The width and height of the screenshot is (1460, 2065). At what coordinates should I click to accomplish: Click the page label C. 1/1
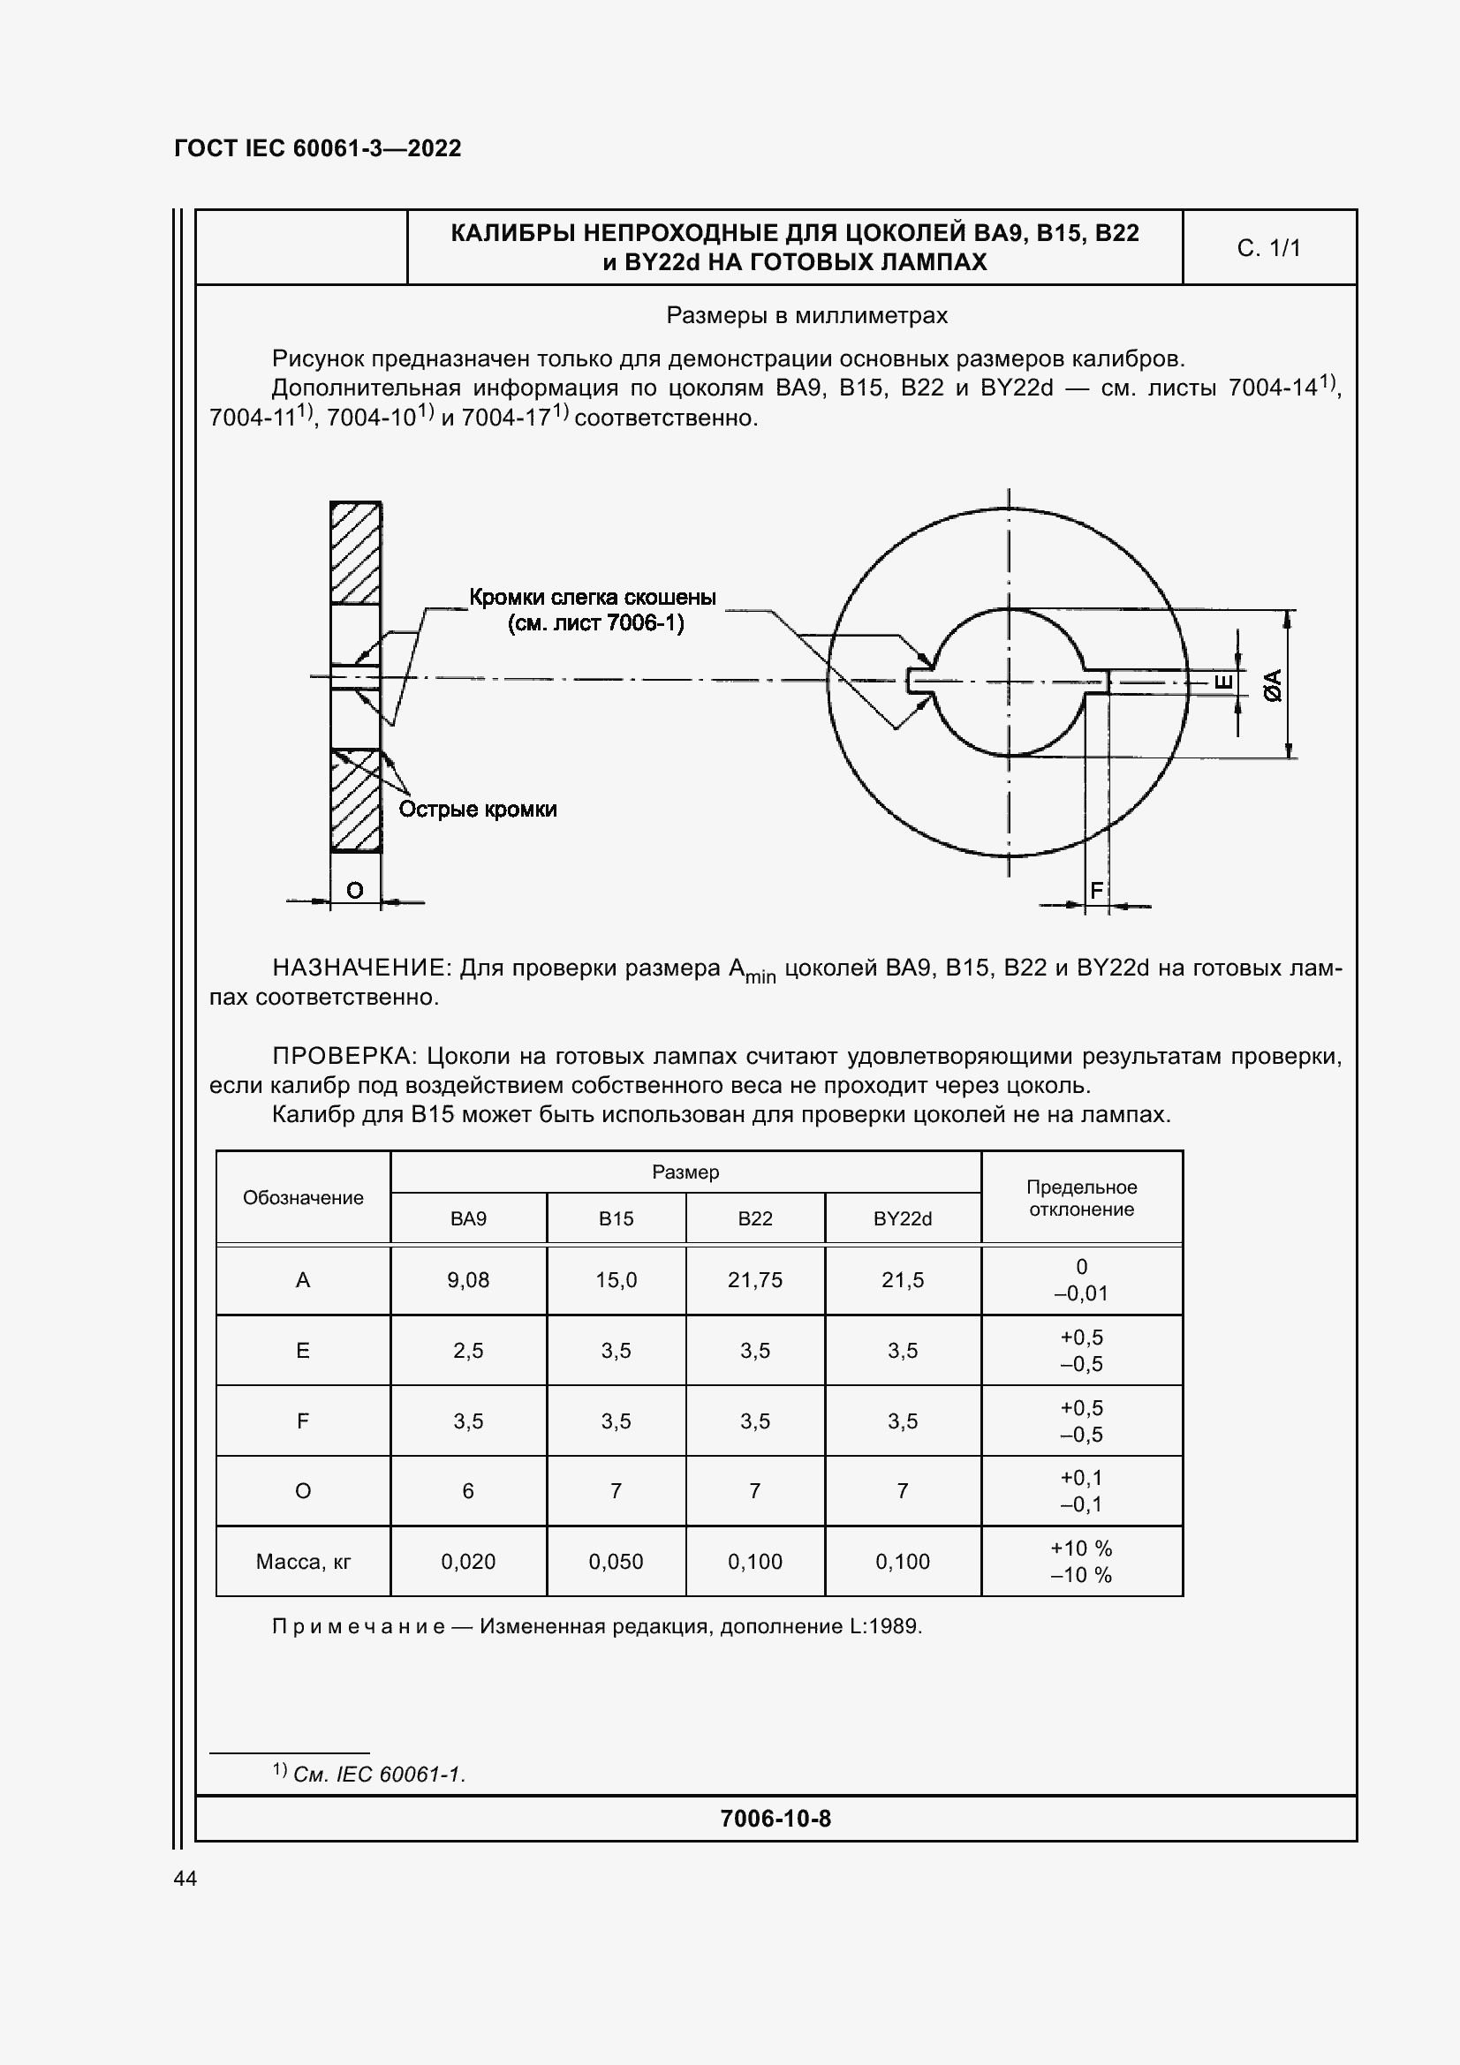[1267, 248]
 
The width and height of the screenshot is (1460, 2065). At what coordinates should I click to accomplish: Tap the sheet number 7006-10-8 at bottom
[775, 1819]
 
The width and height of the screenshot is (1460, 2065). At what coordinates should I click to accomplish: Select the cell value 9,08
[468, 1280]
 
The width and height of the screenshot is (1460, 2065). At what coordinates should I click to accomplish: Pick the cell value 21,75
[755, 1280]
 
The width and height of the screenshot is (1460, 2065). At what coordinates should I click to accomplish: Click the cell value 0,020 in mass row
[468, 1563]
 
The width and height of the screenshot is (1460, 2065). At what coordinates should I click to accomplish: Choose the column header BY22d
[903, 1218]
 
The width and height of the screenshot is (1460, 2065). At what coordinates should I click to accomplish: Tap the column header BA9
[468, 1218]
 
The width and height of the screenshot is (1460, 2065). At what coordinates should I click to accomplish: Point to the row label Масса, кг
[303, 1563]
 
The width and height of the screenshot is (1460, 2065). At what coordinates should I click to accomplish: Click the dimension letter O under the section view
[354, 891]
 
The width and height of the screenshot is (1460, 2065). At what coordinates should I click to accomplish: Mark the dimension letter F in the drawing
[1096, 891]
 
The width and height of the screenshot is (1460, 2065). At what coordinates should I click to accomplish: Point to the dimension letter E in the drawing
[1223, 682]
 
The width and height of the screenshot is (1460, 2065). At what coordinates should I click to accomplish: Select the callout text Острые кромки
[478, 810]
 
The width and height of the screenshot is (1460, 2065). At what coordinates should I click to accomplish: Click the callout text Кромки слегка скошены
[593, 598]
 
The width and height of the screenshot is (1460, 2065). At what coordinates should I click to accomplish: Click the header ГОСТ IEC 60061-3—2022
[318, 148]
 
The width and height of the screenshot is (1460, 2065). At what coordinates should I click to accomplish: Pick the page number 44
[185, 1879]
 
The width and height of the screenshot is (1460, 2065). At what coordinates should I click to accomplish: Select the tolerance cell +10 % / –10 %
[1080, 1563]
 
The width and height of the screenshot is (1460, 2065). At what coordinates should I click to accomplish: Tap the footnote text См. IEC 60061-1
[379, 1775]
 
